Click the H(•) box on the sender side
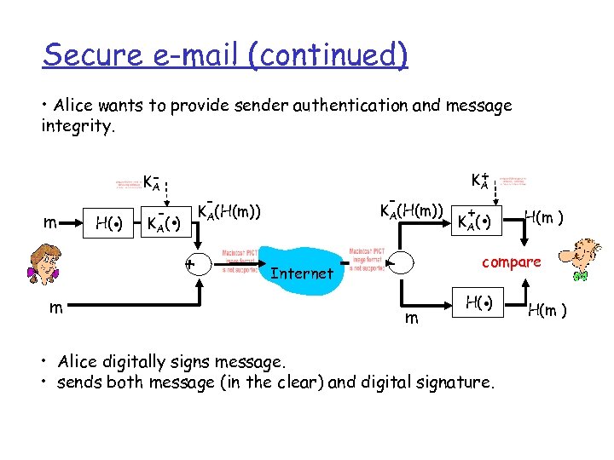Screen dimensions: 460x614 (110, 224)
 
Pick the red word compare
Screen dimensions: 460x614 (512, 262)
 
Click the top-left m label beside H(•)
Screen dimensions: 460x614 (52, 223)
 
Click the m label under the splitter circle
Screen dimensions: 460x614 (411, 317)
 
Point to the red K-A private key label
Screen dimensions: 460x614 (153, 181)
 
